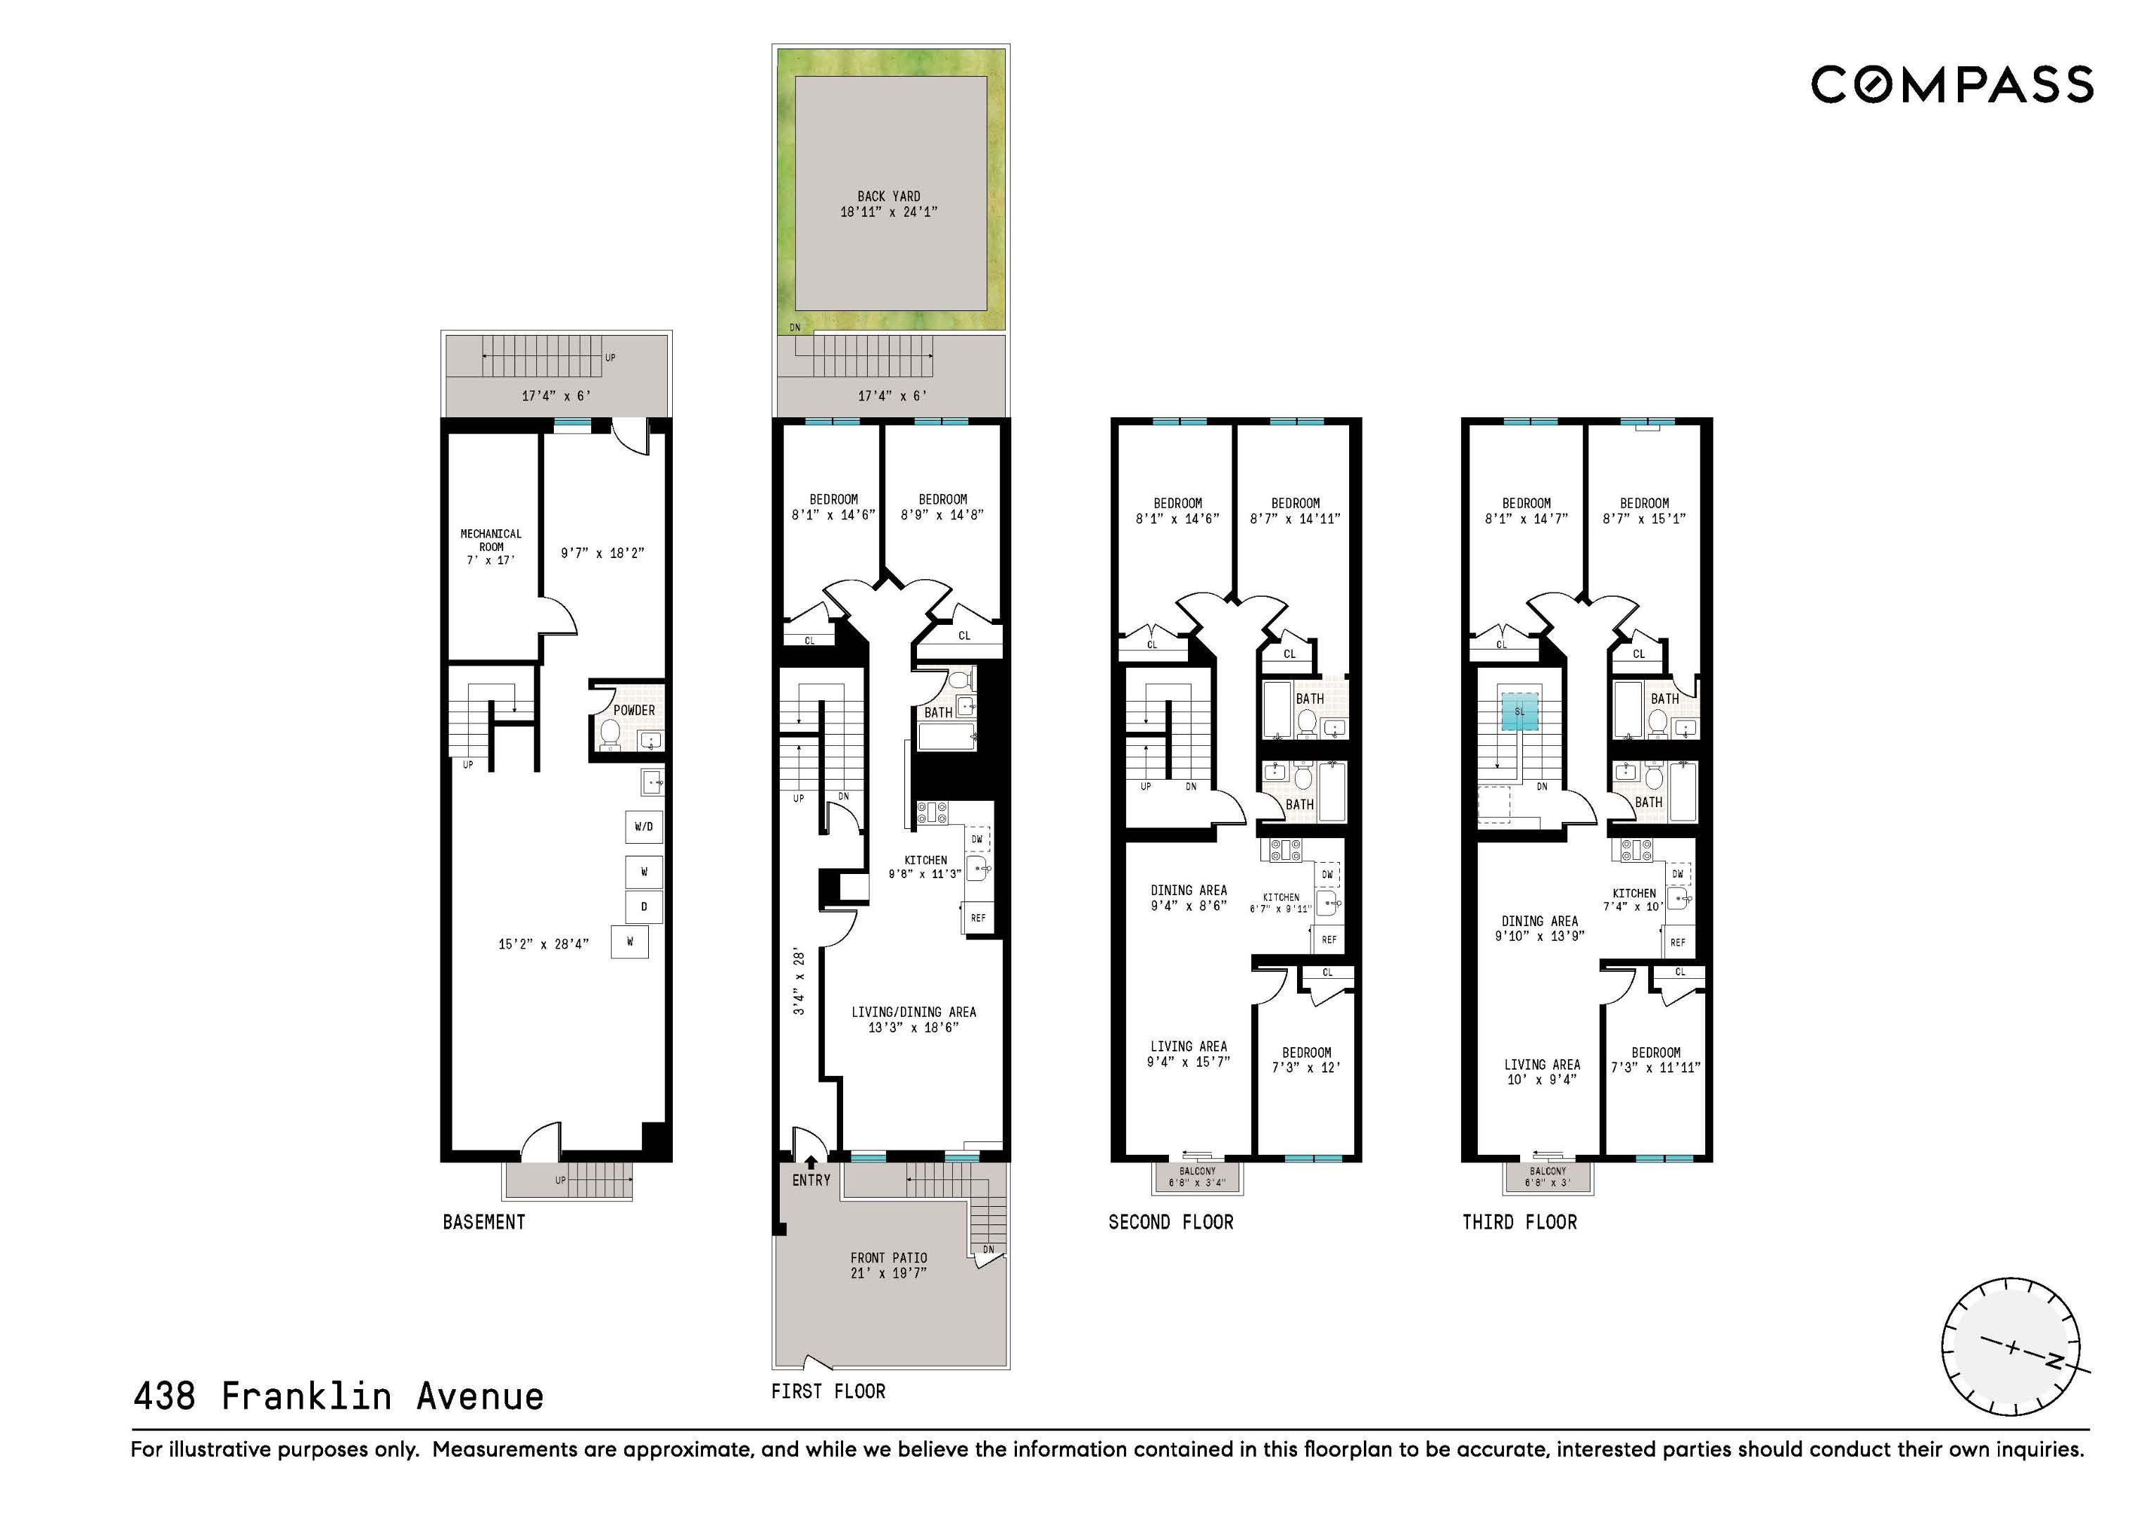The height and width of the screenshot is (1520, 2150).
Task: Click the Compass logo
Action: coord(1952,84)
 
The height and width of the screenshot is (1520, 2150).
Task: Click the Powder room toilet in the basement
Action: coord(609,736)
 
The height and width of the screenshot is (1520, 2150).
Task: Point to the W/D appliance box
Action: coord(644,827)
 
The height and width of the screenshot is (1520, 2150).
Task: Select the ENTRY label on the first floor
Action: coord(811,1180)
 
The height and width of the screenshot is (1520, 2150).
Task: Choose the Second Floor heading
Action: coord(1170,1222)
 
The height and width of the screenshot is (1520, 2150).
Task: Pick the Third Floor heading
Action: coord(1520,1222)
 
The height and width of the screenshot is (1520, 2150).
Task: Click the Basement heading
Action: coord(484,1222)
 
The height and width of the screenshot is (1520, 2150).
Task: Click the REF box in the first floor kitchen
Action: coord(978,918)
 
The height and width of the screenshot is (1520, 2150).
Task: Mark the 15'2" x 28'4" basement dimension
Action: coord(543,944)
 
